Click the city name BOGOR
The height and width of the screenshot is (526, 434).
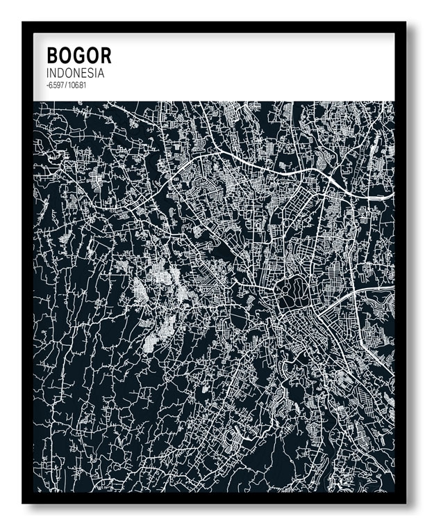click(x=78, y=56)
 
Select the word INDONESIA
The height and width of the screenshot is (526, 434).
click(x=75, y=73)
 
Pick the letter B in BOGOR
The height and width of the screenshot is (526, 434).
click(x=53, y=56)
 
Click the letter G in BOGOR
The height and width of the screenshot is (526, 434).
click(x=78, y=56)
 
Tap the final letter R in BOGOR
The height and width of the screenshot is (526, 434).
click(x=105, y=56)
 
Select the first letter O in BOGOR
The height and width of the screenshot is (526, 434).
click(x=65, y=56)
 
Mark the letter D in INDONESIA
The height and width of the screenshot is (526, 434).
click(x=62, y=73)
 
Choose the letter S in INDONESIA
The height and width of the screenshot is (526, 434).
click(x=93, y=73)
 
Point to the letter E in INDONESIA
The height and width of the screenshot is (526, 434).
click(x=86, y=73)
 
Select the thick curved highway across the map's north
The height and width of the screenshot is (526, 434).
click(x=278, y=167)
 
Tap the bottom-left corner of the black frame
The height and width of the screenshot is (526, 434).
click(x=24, y=502)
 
